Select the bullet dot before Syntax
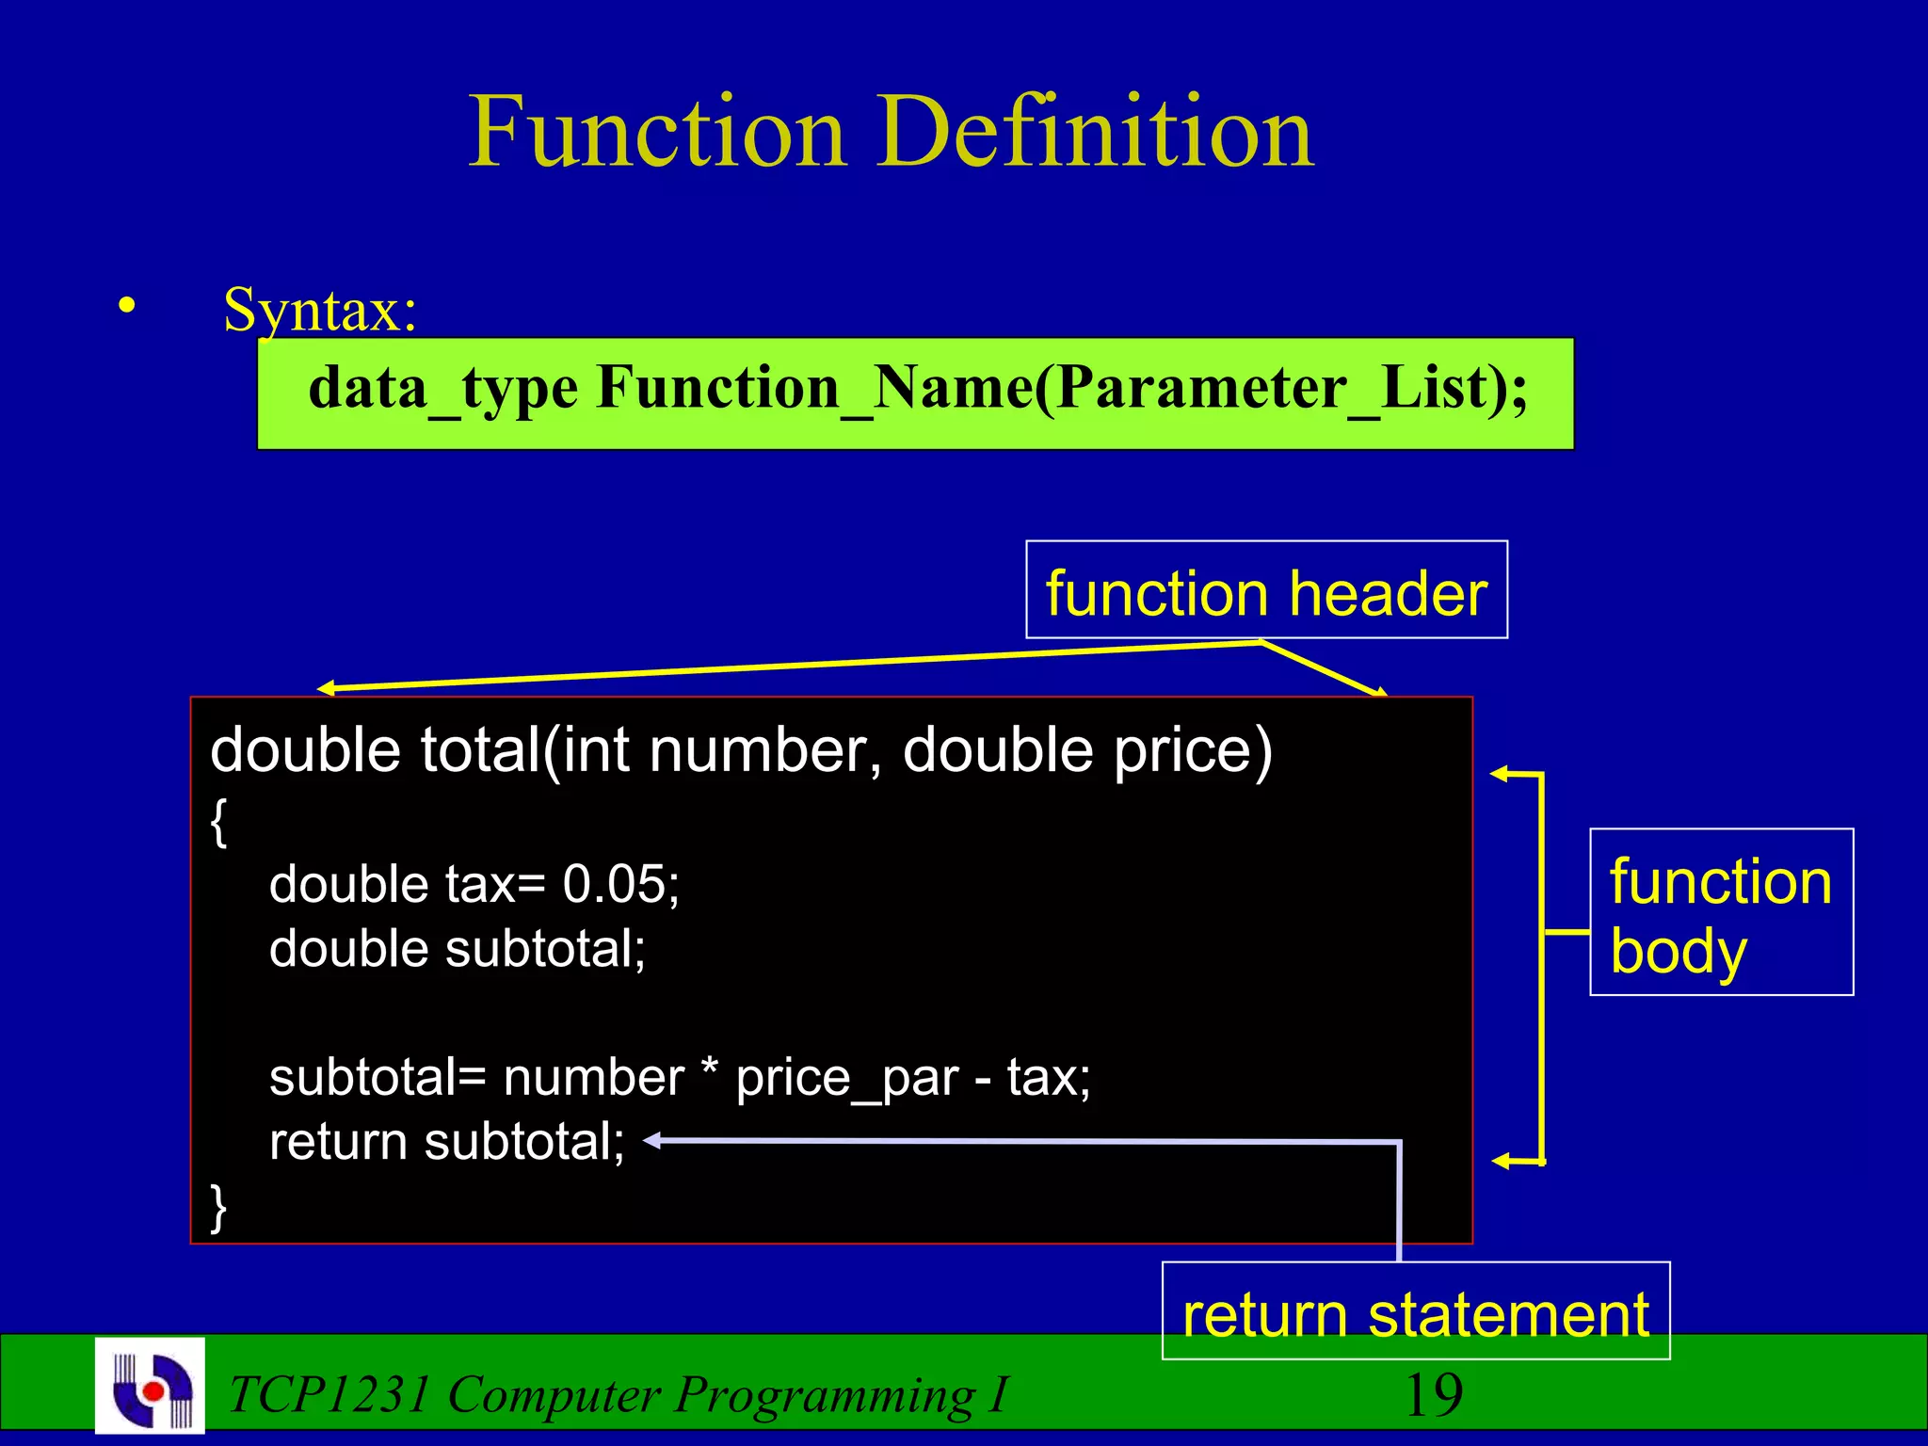[127, 305]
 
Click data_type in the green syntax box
[442, 388]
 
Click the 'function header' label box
[1266, 590]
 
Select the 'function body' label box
[1721, 912]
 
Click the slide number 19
[1433, 1395]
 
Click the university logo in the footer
[151, 1386]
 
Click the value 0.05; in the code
[620, 884]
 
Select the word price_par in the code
[846, 1078]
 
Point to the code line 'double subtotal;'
[458, 948]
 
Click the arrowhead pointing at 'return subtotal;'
[652, 1141]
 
